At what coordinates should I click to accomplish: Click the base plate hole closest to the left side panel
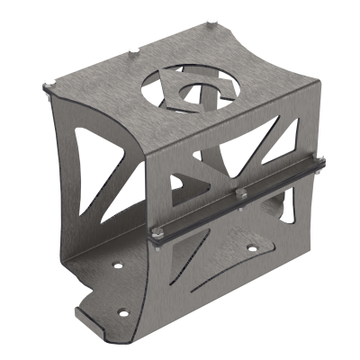[x=115, y=266]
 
